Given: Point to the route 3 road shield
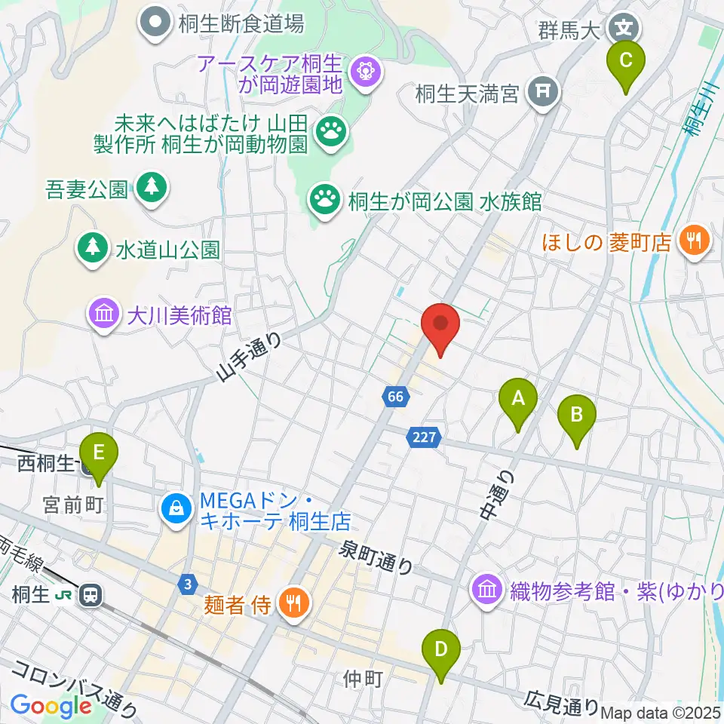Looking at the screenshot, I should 187,583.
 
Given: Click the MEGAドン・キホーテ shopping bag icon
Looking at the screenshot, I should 176,509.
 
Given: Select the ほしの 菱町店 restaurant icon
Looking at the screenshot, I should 691,241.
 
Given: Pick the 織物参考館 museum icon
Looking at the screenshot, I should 487,587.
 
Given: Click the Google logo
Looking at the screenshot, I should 51,705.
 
